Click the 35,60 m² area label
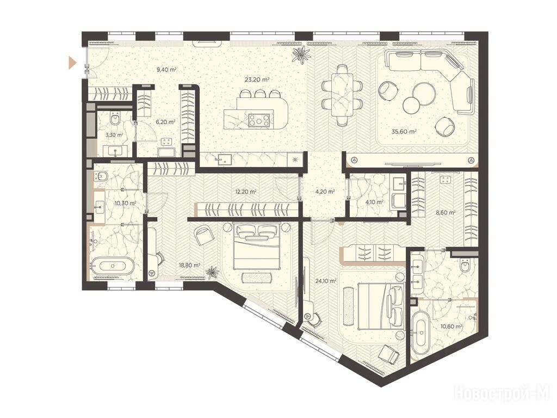click(x=404, y=131)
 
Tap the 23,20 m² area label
click(x=256, y=79)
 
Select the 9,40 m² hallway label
click(x=166, y=70)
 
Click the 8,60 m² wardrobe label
click(x=445, y=213)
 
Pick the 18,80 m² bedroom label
click(x=189, y=265)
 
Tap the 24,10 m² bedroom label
click(x=326, y=281)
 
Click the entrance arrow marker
click(x=72, y=62)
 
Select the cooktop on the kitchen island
click(x=259, y=120)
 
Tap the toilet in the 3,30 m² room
click(x=116, y=119)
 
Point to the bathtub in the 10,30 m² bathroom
click(x=113, y=266)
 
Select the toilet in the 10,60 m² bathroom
click(x=466, y=265)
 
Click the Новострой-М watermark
click(x=504, y=393)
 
